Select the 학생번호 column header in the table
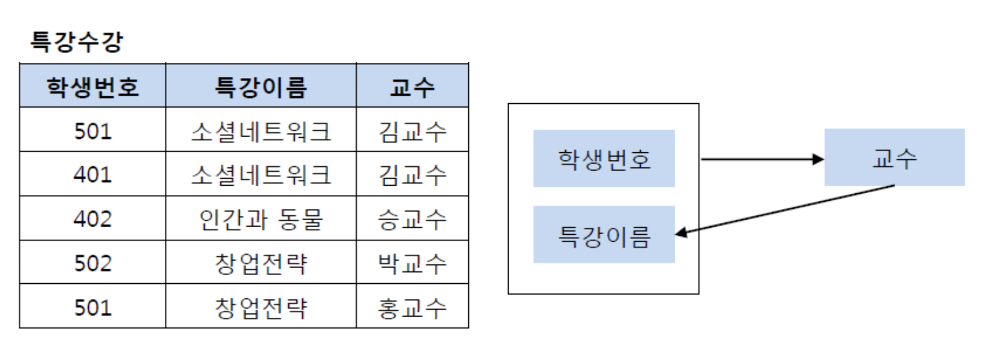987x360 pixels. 93,86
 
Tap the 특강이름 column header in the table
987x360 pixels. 261,86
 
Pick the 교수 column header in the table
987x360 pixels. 412,86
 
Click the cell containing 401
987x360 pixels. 93,174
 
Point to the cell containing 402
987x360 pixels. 93,218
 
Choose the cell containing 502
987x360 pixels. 93,262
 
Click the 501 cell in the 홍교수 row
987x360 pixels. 93,307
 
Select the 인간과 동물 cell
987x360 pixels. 261,218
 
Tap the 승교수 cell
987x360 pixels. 412,218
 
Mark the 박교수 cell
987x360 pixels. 412,262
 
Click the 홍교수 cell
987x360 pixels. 412,307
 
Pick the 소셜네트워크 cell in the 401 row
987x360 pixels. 261,174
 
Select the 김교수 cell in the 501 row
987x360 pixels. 412,130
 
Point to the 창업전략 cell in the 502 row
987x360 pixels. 261,262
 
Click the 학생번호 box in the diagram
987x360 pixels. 604,159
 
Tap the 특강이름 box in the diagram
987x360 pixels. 604,235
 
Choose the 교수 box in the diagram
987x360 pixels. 894,157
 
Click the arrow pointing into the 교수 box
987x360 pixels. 762,159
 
